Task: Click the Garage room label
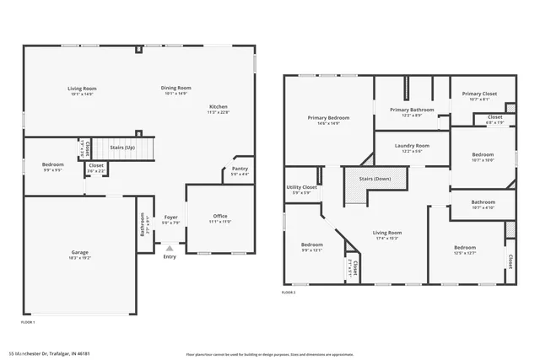tap(80, 252)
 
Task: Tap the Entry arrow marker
tap(170, 248)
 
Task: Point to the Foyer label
tap(170, 217)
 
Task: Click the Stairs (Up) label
tap(123, 145)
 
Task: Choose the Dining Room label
tap(177, 88)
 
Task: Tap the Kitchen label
tap(219, 107)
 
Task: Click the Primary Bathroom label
tap(412, 110)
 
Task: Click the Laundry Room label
tap(412, 145)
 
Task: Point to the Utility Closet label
tap(301, 187)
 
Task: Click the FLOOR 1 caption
tap(28, 322)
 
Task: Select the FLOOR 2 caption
tap(290, 293)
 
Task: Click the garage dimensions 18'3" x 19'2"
tap(80, 257)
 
